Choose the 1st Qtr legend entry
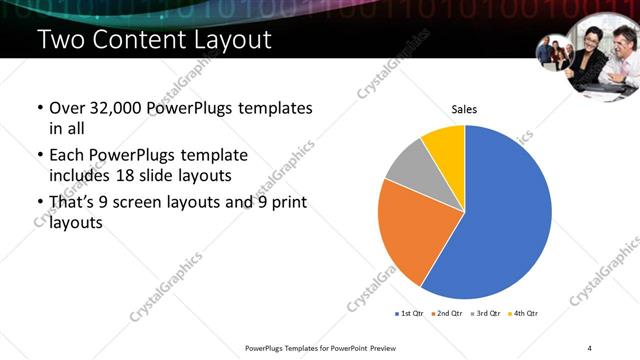click(409, 313)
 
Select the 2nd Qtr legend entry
click(445, 313)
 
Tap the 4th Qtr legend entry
click(523, 313)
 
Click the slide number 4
click(589, 347)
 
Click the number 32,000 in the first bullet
click(110, 108)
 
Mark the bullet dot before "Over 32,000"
click(39, 108)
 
